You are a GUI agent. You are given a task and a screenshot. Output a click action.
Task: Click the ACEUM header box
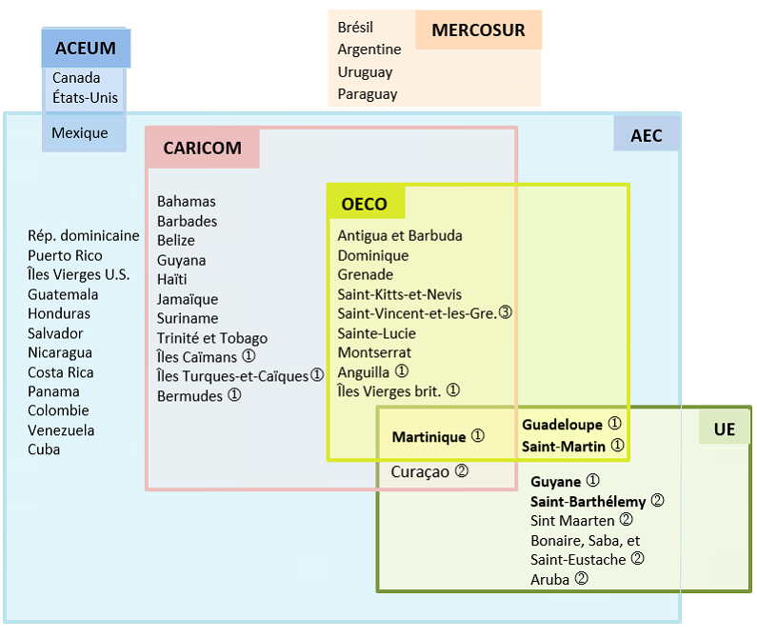(86, 49)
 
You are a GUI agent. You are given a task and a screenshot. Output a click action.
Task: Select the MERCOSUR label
(478, 30)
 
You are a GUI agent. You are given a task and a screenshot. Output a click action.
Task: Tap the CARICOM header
(202, 149)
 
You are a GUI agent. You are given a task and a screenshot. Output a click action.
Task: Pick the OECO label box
(365, 204)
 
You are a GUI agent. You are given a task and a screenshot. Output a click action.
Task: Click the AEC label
(647, 136)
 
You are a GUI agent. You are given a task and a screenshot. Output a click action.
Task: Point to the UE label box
(725, 429)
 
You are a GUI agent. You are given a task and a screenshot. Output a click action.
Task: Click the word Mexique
(80, 133)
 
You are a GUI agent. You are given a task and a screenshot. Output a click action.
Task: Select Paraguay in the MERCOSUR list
(368, 94)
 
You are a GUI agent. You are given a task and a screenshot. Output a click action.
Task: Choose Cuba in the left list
(44, 449)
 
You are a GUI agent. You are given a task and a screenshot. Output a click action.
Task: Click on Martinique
(429, 437)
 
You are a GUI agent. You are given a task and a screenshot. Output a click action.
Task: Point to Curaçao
(420, 471)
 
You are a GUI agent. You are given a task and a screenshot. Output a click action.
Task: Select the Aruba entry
(550, 579)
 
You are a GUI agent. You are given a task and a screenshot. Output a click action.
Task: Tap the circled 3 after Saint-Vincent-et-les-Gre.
(505, 312)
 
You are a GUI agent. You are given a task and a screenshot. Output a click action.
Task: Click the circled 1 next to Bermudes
(234, 396)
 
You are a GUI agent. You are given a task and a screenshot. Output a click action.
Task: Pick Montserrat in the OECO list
(374, 352)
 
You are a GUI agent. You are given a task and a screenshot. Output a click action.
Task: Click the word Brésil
(355, 28)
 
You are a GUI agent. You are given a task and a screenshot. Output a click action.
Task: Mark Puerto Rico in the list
(65, 255)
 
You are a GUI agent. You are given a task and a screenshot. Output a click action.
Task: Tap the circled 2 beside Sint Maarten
(626, 520)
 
